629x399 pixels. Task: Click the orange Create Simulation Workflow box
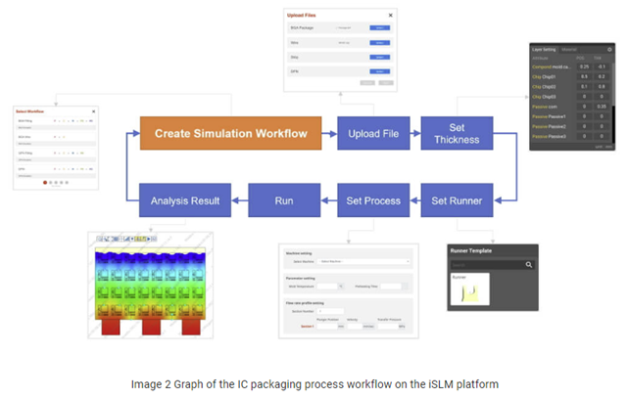230,133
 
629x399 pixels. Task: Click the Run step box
284,201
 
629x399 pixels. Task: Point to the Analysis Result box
185,201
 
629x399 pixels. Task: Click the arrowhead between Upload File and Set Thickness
415,133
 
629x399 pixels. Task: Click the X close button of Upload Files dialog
390,16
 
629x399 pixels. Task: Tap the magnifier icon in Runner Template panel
529,264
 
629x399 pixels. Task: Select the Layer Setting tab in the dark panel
542,48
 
